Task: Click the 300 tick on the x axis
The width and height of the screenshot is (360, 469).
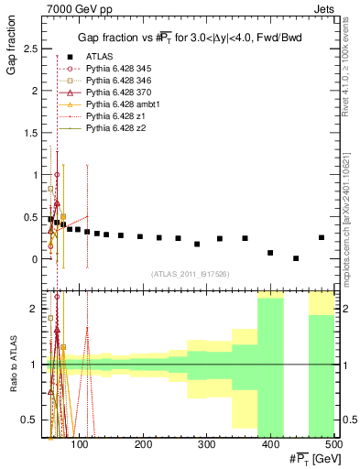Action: click(x=270, y=444)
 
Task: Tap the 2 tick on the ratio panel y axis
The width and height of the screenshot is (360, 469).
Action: click(x=37, y=309)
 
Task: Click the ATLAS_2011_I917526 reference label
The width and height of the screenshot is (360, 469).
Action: click(x=191, y=274)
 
